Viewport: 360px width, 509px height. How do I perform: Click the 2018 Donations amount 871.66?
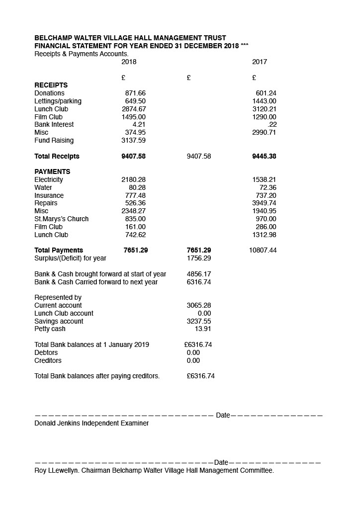point(135,93)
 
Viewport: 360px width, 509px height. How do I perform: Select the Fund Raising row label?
point(54,141)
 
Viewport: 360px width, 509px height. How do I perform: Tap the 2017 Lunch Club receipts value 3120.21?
point(264,109)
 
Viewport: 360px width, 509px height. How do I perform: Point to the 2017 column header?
point(260,62)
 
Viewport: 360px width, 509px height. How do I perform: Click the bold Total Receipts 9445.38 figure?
point(264,157)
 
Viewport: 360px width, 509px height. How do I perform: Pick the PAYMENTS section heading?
point(52,172)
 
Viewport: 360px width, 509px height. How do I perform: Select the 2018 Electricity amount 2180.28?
point(133,180)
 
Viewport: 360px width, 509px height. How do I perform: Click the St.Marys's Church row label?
point(61,219)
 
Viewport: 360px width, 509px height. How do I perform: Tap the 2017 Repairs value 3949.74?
point(264,203)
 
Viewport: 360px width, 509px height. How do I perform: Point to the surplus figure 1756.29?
point(199,258)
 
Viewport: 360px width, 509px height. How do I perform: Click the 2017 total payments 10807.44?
point(263,251)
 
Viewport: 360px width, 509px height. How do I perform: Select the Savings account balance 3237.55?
point(199,322)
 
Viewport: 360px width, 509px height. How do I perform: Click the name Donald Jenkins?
point(57,424)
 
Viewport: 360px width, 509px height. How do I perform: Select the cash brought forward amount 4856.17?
point(199,274)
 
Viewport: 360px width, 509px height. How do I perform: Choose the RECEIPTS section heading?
point(51,85)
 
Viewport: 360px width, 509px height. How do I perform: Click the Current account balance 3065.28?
point(199,306)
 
